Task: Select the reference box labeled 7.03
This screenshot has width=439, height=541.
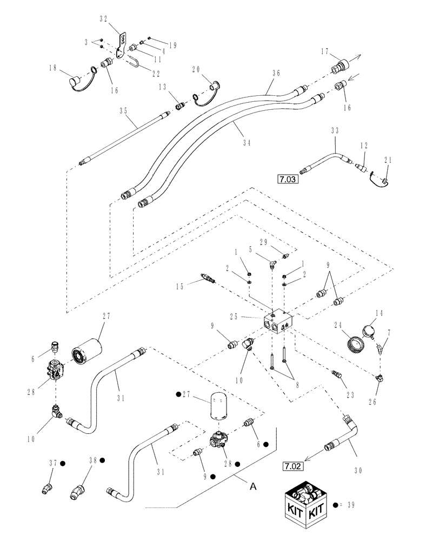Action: click(288, 178)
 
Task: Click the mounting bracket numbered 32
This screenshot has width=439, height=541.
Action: click(124, 45)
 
